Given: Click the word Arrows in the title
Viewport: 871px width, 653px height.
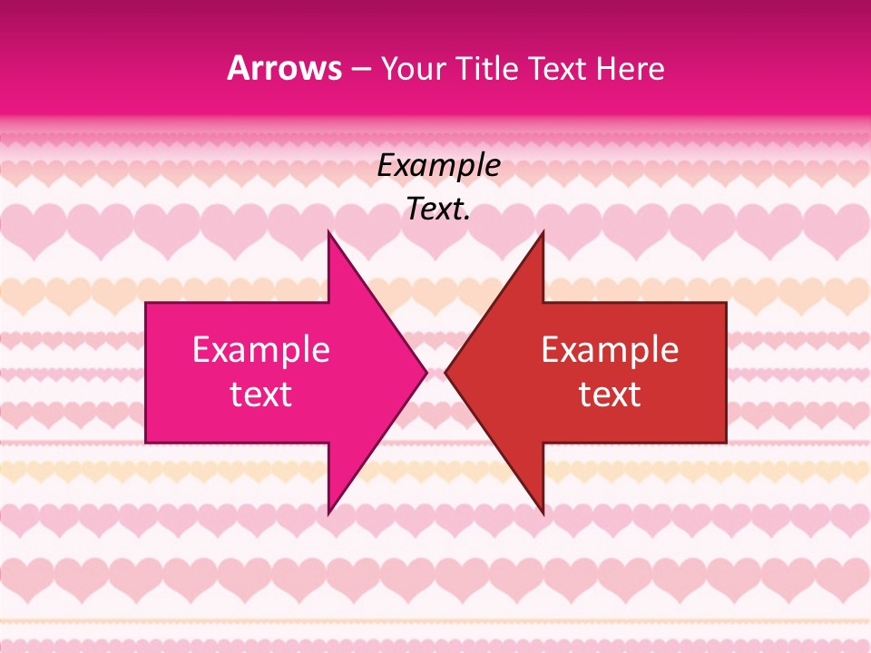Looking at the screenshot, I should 285,69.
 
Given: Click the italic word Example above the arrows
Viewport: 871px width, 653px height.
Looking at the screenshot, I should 439,166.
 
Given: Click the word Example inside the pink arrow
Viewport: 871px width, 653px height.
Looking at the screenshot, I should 261,350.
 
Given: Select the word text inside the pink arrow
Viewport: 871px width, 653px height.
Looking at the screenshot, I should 261,395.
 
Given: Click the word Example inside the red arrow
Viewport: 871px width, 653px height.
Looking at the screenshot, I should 610,350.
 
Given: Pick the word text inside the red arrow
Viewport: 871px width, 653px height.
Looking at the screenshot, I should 610,395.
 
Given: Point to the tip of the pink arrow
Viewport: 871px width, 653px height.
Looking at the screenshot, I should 426,372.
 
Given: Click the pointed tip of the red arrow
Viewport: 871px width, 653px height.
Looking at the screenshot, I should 445,372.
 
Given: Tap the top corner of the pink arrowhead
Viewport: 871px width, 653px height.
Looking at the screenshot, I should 328,231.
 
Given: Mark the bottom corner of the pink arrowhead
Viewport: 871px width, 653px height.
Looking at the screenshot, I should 328,513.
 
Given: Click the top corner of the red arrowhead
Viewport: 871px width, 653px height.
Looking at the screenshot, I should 543,231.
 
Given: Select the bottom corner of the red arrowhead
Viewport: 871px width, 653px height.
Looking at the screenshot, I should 543,513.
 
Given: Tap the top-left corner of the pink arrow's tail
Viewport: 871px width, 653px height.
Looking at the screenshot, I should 146,303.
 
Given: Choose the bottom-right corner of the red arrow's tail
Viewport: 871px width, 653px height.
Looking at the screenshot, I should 726,443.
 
